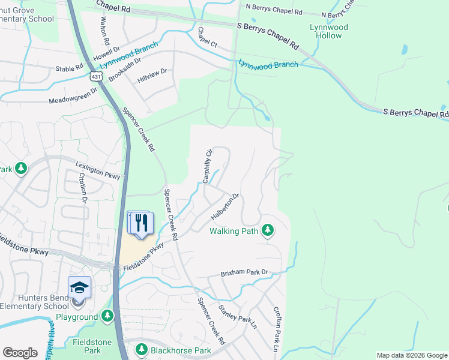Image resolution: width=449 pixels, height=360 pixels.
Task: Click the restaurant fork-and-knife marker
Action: tap(142, 223)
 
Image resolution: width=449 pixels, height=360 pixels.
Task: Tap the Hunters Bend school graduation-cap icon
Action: tap(79, 287)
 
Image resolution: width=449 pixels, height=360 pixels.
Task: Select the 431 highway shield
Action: tap(96, 76)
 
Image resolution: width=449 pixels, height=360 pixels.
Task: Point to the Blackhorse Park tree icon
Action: tap(141, 349)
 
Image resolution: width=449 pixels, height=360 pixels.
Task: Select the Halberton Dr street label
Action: tap(226, 206)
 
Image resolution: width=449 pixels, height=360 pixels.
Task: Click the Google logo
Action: tap(20, 353)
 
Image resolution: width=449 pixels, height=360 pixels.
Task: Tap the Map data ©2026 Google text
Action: tap(411, 355)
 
